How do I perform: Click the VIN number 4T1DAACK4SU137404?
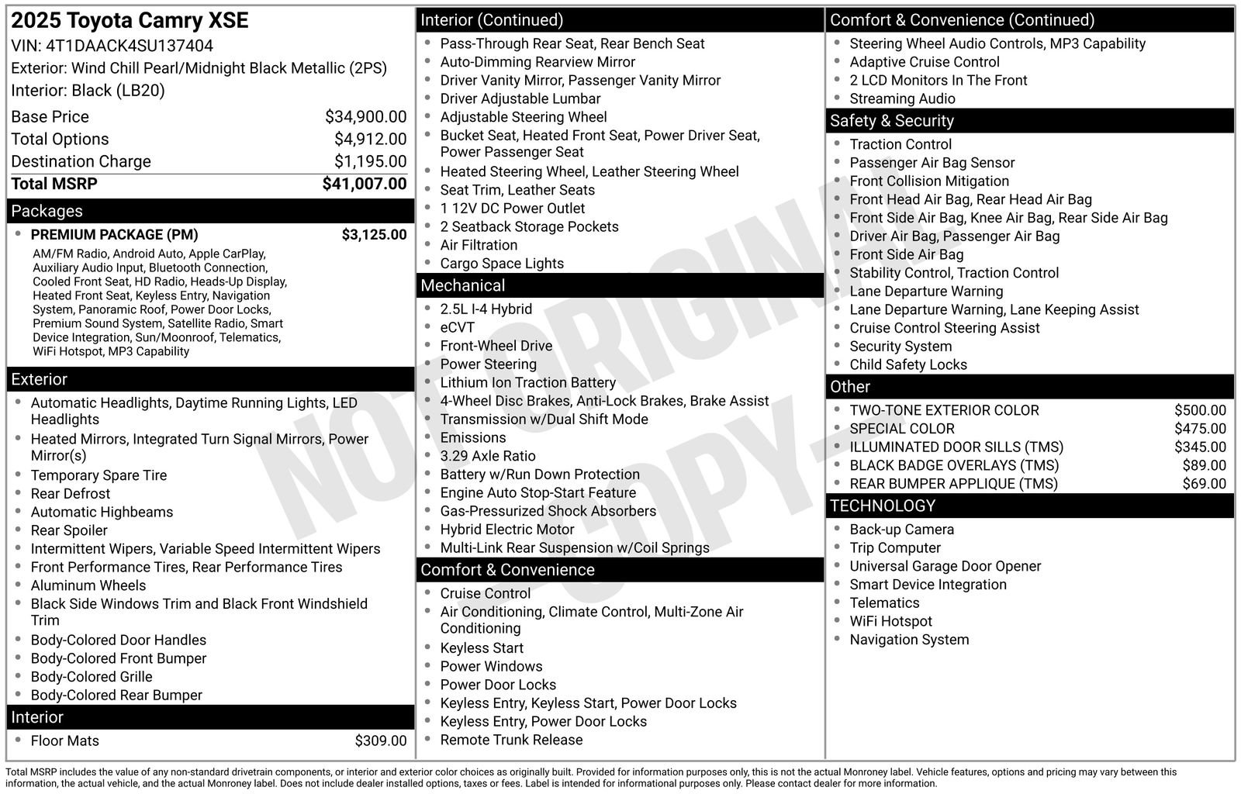130,46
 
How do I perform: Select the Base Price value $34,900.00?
365,117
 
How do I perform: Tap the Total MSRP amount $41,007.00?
364,184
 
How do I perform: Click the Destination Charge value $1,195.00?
370,161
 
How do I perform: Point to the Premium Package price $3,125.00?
374,235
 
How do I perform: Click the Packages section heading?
47,211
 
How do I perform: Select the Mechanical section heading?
462,285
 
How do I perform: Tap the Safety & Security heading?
891,121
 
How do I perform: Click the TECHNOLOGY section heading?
882,506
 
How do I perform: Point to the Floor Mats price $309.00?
380,740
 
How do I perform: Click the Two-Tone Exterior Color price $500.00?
1200,410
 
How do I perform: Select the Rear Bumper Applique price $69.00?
1204,484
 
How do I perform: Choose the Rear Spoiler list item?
69,530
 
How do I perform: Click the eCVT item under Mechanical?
457,327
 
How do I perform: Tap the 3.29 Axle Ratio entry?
487,456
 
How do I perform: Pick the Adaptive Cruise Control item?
924,62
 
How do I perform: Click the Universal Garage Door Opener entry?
945,566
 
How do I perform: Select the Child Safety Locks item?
907,364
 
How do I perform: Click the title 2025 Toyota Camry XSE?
130,21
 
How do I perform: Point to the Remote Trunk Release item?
510,740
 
